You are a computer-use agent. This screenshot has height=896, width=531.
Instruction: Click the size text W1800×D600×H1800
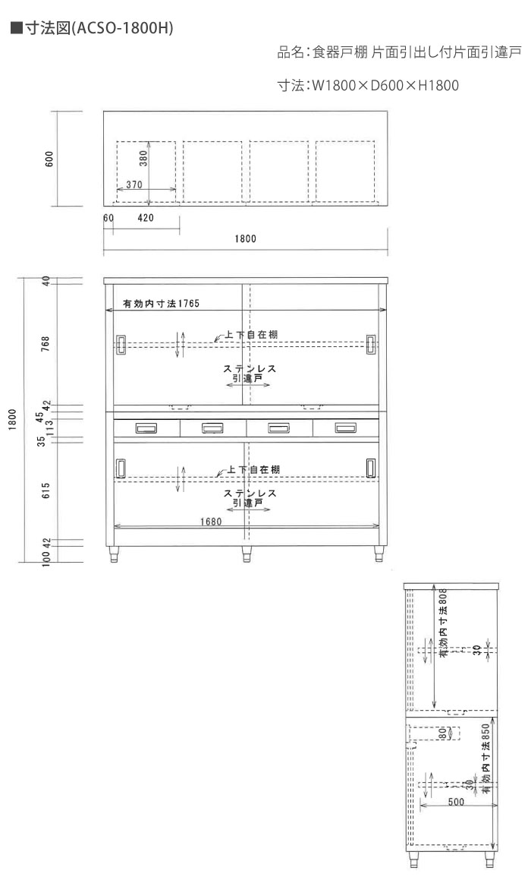point(385,86)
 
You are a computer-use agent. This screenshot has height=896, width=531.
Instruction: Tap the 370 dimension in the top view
point(134,185)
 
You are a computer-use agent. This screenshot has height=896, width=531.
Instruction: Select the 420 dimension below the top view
point(146,218)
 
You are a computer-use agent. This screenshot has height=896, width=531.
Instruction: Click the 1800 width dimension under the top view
point(246,239)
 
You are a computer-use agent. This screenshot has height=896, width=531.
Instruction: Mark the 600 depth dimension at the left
point(49,159)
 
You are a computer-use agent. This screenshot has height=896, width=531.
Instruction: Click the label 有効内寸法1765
point(161,304)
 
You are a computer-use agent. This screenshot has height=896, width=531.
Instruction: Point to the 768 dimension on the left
point(46,344)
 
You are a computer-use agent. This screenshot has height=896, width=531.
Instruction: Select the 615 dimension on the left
point(46,490)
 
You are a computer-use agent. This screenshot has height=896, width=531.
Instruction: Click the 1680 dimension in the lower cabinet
point(211,521)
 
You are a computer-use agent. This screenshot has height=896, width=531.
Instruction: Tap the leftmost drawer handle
point(146,428)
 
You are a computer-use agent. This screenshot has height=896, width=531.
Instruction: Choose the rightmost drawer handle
point(345,427)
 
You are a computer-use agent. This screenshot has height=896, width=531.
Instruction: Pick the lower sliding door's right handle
point(371,466)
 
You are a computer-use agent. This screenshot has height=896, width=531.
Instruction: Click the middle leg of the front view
point(247,554)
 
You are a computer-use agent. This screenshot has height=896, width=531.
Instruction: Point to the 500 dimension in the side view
point(456,803)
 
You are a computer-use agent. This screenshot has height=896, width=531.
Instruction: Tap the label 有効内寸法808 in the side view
point(443,623)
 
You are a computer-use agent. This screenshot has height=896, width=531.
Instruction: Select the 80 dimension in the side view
point(442,734)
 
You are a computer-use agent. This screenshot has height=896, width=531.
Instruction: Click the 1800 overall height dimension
point(13,419)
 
